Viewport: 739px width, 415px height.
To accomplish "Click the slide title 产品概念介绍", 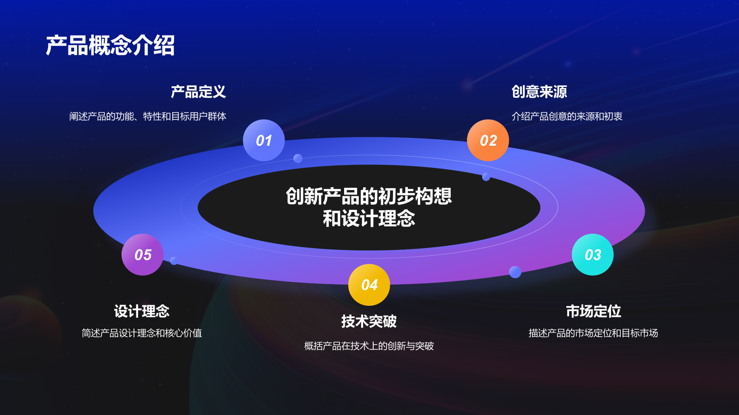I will (x=110, y=45).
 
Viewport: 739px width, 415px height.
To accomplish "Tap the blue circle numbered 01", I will (x=264, y=140).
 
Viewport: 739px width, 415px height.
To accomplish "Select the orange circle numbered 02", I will (x=488, y=140).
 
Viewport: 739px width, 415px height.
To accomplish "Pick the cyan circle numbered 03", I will (x=593, y=255).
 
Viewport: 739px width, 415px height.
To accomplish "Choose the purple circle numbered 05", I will (x=142, y=255).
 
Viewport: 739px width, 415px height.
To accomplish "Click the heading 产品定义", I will (x=198, y=92).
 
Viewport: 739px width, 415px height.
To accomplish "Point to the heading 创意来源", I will (x=539, y=92).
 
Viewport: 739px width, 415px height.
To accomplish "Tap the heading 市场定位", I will (x=594, y=311).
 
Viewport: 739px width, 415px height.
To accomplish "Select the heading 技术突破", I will (x=369, y=321).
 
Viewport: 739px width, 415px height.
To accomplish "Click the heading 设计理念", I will (x=142, y=311).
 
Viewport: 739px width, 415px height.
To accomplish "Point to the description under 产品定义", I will (x=148, y=116).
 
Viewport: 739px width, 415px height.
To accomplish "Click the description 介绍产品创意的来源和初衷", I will (x=567, y=116).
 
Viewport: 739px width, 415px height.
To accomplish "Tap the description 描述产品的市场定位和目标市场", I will (x=593, y=333).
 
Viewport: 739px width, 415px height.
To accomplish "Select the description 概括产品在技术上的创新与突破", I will (x=369, y=346).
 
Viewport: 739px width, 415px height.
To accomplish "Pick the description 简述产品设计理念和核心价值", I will (x=142, y=333).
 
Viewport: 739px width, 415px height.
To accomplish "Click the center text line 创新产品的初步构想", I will (x=369, y=196).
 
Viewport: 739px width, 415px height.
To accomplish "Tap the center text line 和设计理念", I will (x=369, y=219).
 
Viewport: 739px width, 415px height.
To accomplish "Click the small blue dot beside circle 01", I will (x=298, y=159).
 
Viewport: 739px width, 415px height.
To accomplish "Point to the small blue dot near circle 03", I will (x=515, y=272).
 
